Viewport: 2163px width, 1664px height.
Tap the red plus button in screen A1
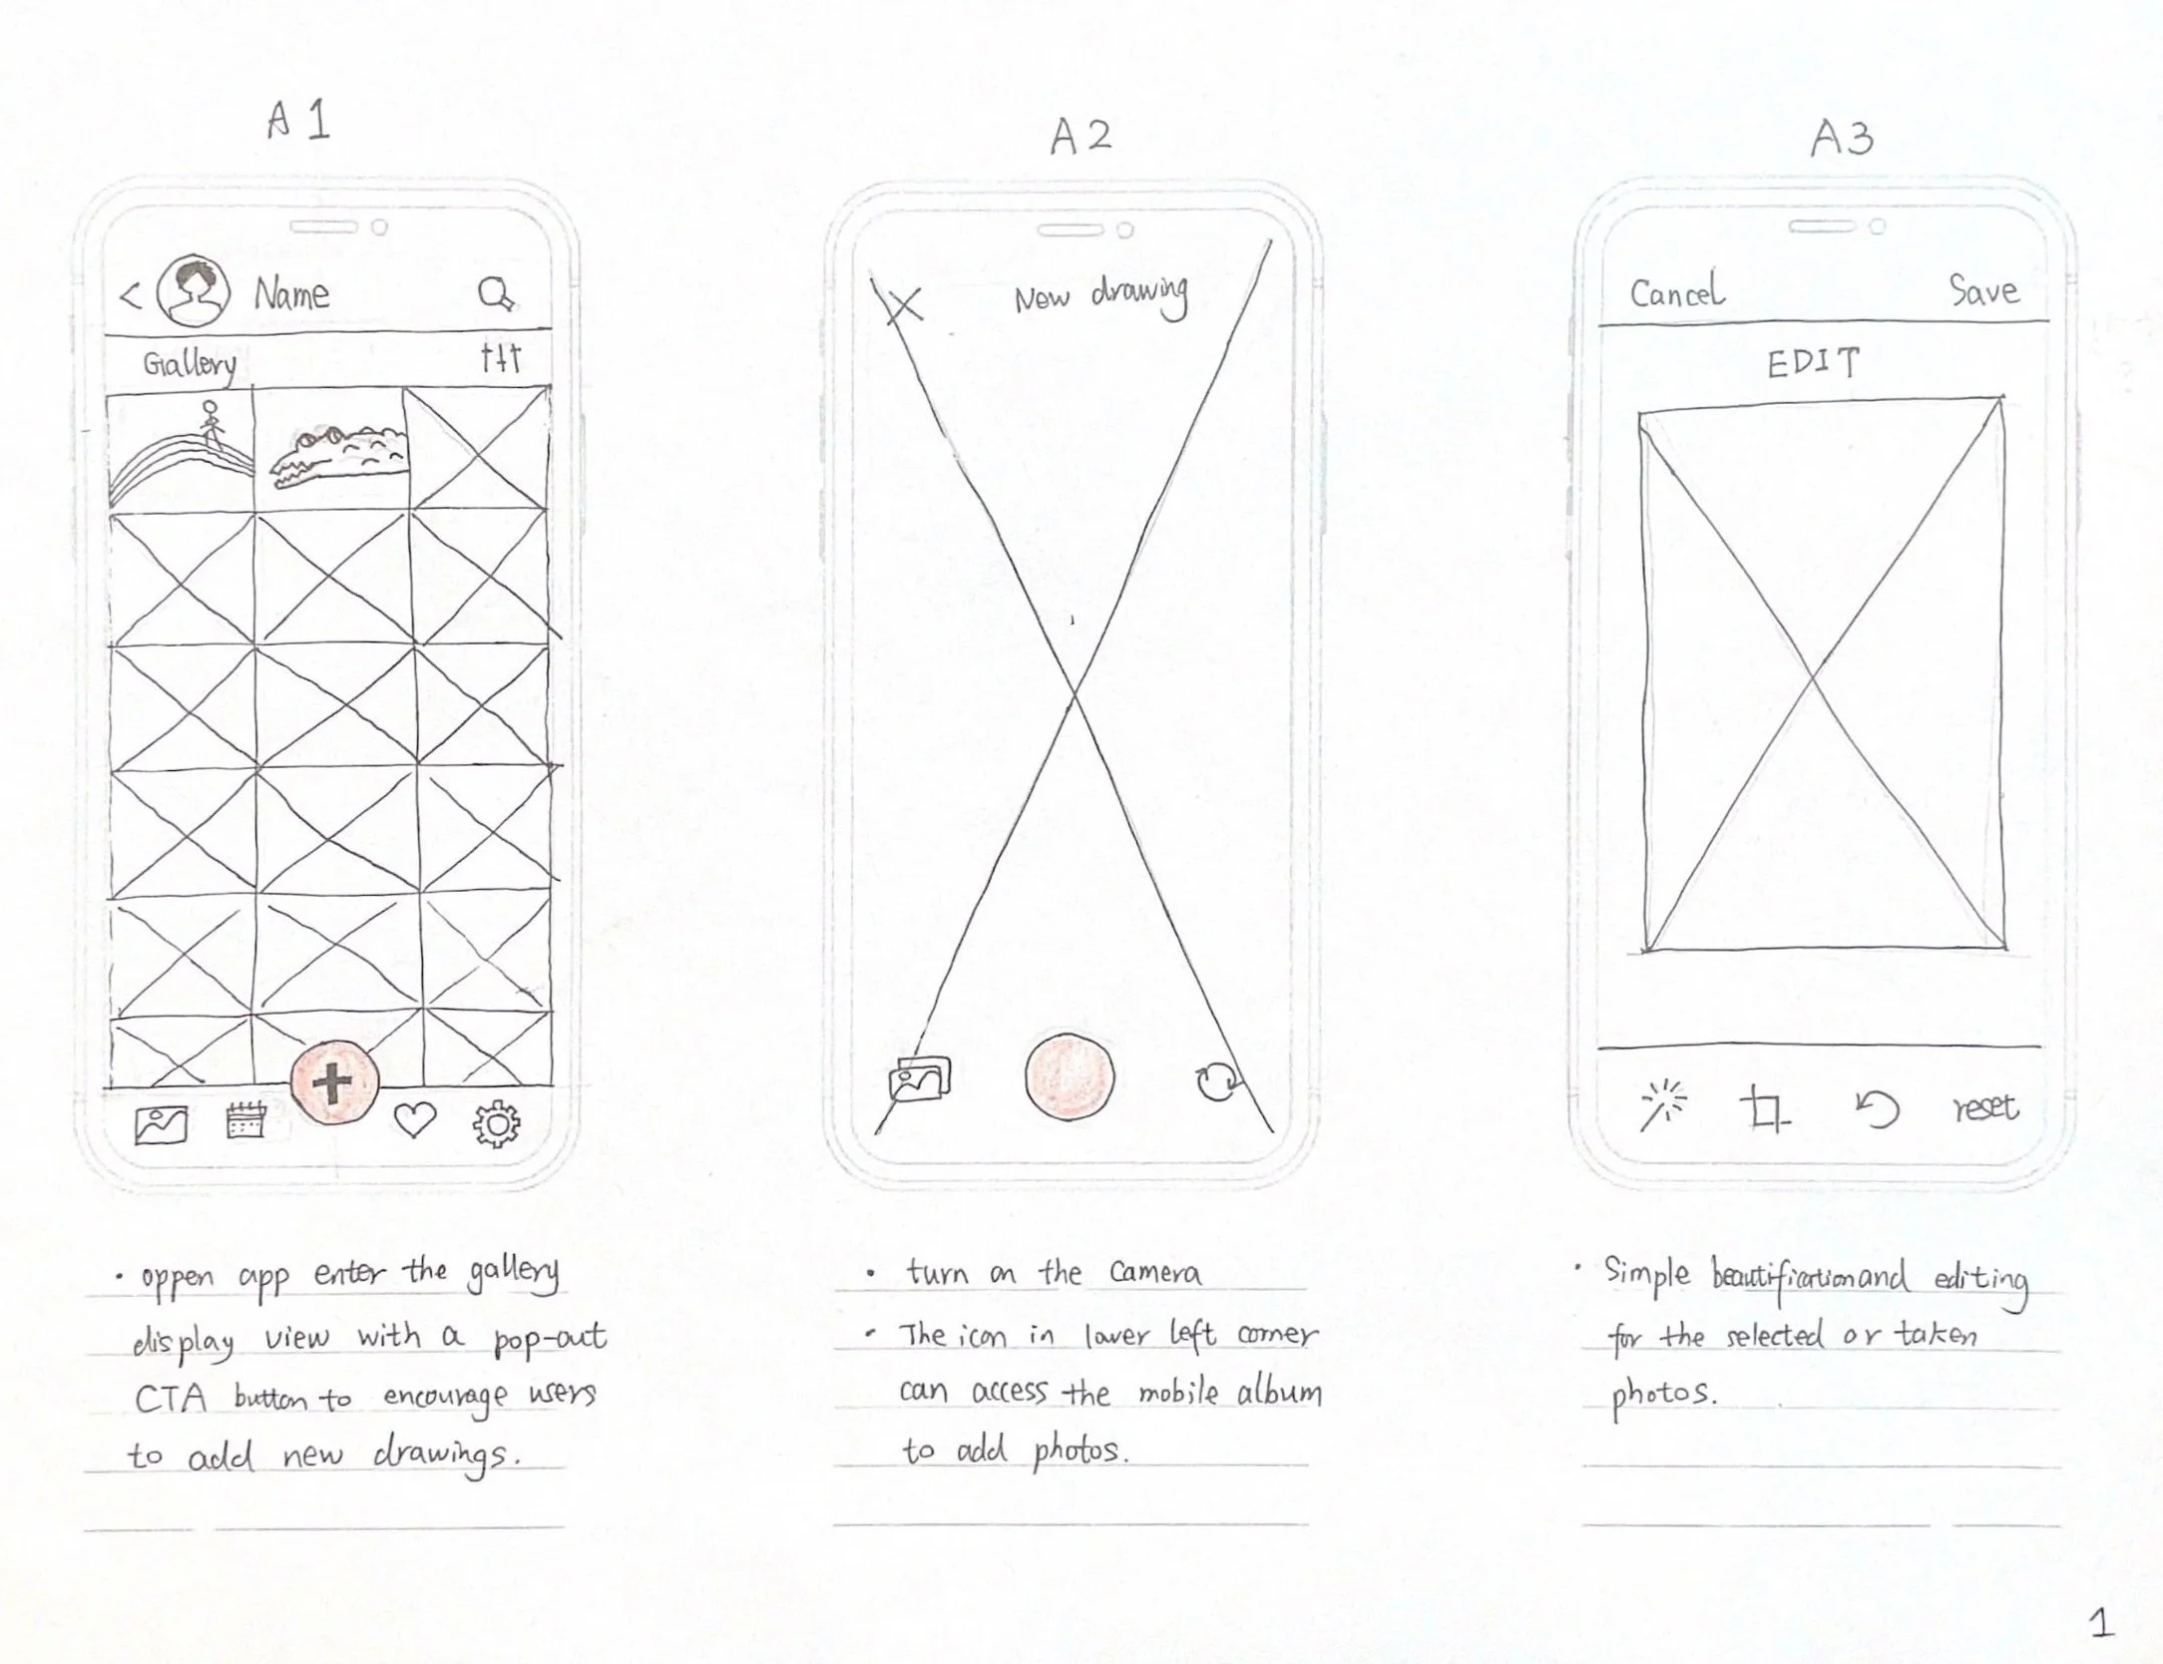pyautogui.click(x=334, y=1082)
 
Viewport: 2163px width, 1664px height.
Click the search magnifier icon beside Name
pyautogui.click(x=496, y=295)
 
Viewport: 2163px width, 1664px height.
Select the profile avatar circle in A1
pyautogui.click(x=195, y=290)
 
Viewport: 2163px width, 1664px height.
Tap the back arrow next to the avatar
pyautogui.click(x=131, y=296)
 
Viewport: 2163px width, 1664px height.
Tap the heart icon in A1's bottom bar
pyautogui.click(x=415, y=1121)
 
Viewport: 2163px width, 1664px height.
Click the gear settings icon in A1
pyautogui.click(x=496, y=1125)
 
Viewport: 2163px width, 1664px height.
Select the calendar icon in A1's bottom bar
pyautogui.click(x=245, y=1121)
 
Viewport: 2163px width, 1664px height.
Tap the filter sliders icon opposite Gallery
pyautogui.click(x=500, y=358)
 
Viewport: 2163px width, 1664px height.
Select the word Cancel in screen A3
pyautogui.click(x=1676, y=292)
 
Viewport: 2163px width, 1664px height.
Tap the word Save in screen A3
pyautogui.click(x=1983, y=290)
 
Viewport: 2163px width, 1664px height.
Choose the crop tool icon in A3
pyautogui.click(x=1765, y=1110)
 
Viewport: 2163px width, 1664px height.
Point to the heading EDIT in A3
pyautogui.click(x=1814, y=363)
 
